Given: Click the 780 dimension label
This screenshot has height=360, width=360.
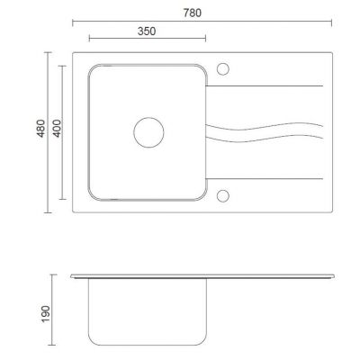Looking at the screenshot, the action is coord(193,13).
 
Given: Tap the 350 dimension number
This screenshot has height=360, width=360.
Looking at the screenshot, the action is coord(147,31).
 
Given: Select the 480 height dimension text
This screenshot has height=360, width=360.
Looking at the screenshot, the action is coord(40,129).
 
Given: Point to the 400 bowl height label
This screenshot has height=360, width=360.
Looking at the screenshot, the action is coord(57,129).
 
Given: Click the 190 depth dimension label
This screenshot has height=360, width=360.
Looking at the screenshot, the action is coord(45,314).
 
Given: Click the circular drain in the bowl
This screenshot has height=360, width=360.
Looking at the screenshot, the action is coord(148,117).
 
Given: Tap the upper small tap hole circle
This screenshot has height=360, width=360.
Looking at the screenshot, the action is coord(223,63).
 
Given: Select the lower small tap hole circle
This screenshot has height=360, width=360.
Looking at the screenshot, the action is coord(223,190).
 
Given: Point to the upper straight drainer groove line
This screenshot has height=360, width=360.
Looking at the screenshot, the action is coord(265,86).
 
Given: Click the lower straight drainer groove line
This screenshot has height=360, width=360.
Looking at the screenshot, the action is coord(265,179).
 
